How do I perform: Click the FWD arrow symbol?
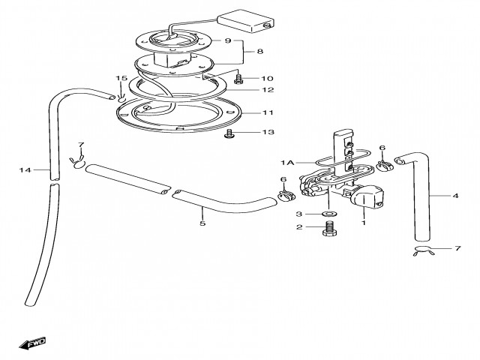[32, 343]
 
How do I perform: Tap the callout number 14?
[25, 170]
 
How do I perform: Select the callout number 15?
[121, 78]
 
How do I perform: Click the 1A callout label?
[287, 163]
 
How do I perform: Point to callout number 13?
[268, 132]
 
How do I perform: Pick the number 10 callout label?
[267, 78]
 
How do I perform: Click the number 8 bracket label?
[260, 51]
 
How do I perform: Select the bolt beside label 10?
[238, 79]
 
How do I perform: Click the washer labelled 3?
[329, 213]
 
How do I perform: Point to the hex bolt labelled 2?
[330, 228]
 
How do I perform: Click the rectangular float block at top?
[246, 20]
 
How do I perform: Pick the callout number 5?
[202, 223]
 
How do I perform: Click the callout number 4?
[455, 196]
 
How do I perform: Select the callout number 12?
[268, 90]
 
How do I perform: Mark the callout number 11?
[268, 112]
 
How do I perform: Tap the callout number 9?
[227, 40]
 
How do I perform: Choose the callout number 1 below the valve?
[364, 223]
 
